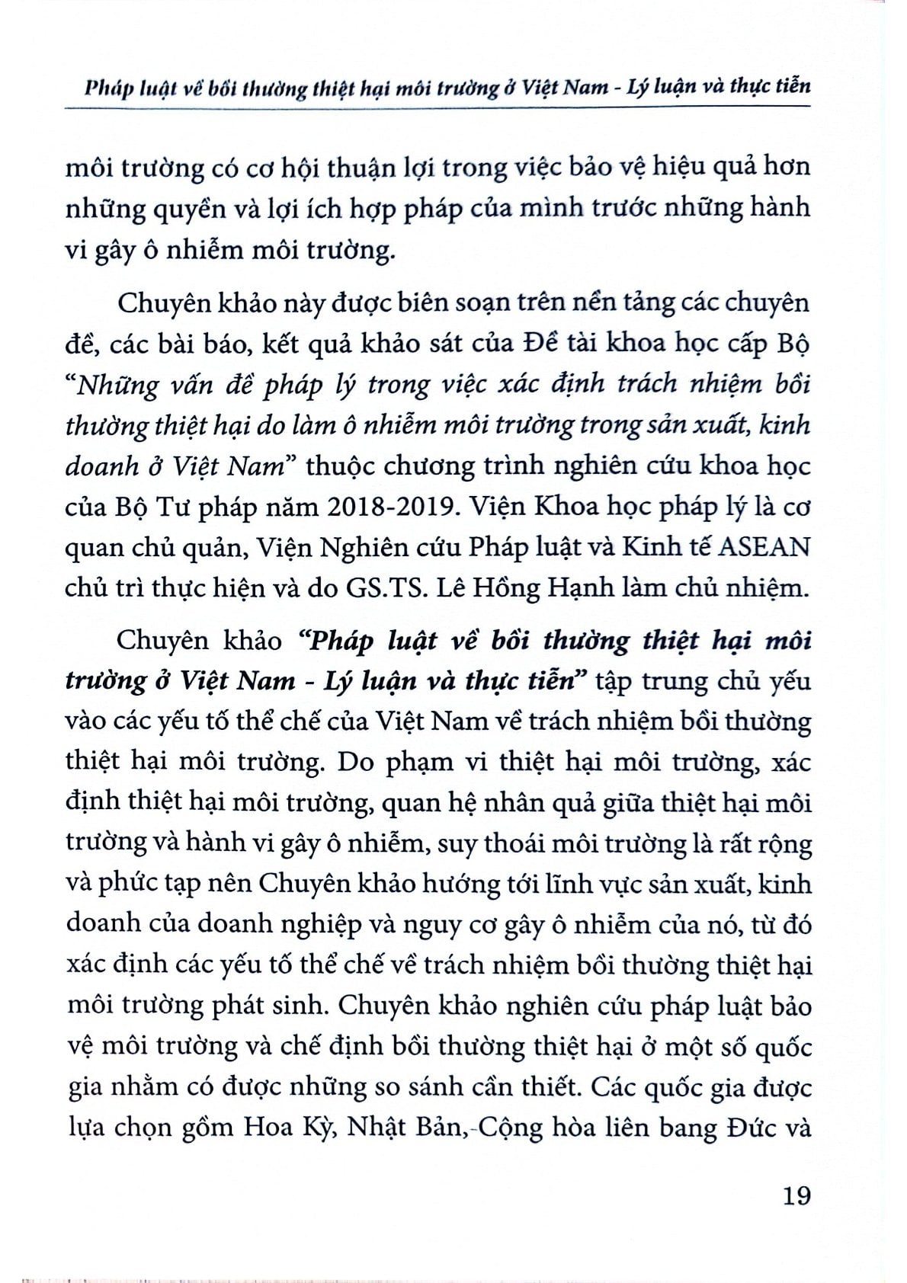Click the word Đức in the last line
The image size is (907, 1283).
coord(747,1127)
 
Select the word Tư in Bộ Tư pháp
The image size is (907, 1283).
coord(153,507)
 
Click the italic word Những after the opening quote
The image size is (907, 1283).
coord(121,385)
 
